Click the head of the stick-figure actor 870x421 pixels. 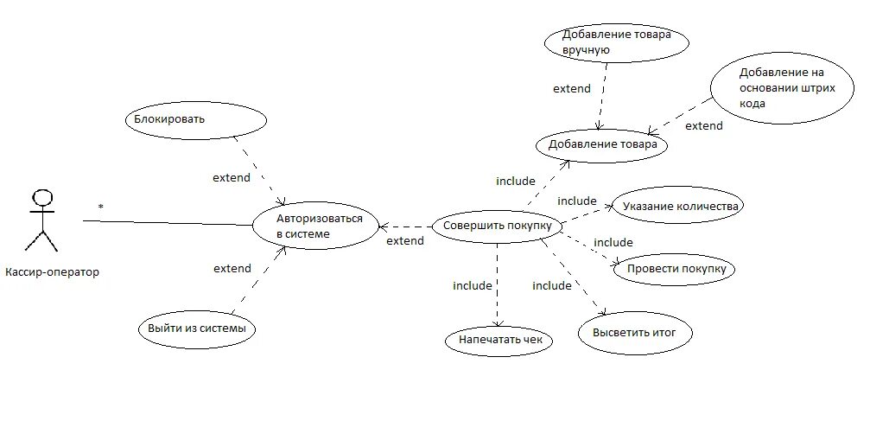pos(41,195)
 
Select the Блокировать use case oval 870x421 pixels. pos(194,119)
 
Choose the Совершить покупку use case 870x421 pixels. pos(497,226)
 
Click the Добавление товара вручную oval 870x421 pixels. pos(608,42)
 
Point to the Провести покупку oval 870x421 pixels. pos(674,269)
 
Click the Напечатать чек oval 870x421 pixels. pos(499,340)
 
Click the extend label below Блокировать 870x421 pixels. pos(232,177)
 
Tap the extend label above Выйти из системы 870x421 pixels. pos(232,268)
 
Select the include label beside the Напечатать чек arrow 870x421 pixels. pos(472,285)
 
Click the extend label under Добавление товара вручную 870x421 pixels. pos(571,88)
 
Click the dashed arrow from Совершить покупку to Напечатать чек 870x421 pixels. pos(499,285)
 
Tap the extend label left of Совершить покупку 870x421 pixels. pos(405,240)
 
